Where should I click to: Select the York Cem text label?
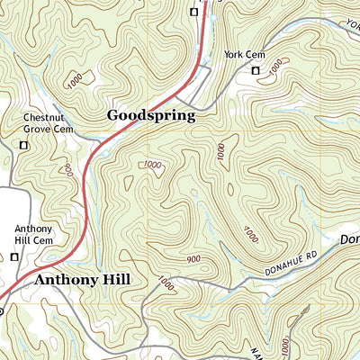click(242, 56)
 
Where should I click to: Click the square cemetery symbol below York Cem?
click(255, 70)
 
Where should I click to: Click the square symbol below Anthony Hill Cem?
click(14, 257)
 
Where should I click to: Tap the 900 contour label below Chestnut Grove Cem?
click(68, 168)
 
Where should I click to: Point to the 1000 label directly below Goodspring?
click(152, 165)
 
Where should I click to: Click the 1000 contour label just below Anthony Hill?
click(165, 283)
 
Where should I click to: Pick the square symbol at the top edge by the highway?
click(193, 12)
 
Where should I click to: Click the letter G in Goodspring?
click(113, 115)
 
